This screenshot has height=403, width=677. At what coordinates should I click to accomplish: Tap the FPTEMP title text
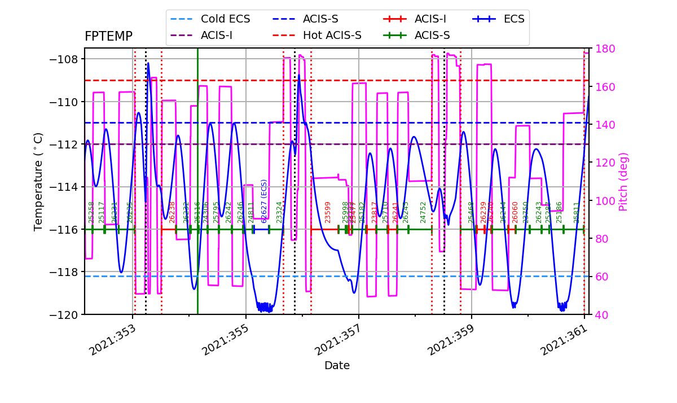point(108,37)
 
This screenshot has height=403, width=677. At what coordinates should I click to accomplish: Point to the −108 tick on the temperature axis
point(63,59)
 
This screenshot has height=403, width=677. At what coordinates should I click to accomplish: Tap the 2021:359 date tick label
point(450,340)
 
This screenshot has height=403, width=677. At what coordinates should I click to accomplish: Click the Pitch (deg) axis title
point(623,182)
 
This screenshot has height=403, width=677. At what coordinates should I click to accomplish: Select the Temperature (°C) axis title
point(38,182)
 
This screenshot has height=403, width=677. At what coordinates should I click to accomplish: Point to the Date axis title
point(337,366)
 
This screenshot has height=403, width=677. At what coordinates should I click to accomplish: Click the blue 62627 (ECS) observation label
point(264,201)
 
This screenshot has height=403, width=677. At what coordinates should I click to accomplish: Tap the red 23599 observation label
point(328,212)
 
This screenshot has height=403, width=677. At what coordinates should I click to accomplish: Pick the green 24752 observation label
point(423,212)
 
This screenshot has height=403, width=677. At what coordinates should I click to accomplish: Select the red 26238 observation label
point(172,212)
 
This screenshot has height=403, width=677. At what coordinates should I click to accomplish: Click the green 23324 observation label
point(279,212)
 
